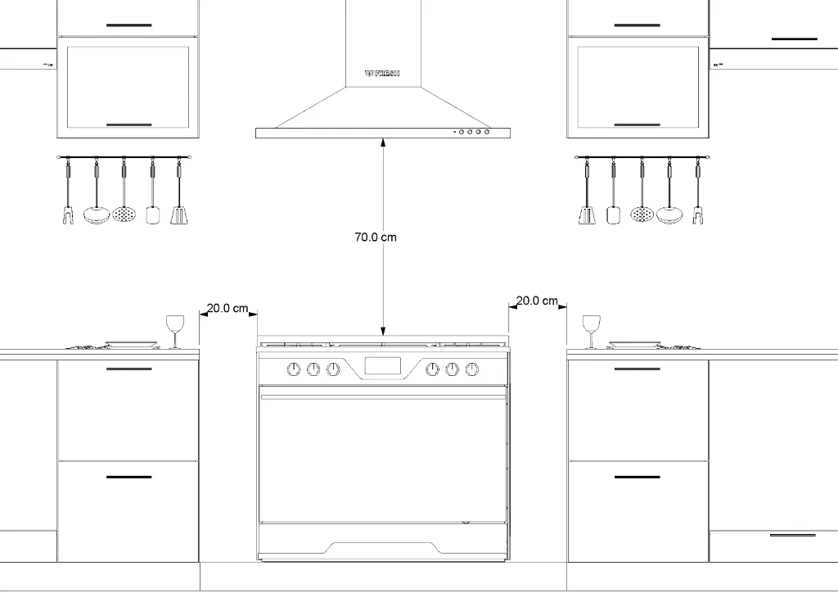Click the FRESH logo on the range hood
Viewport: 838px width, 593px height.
click(382, 74)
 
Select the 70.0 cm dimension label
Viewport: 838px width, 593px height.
click(376, 238)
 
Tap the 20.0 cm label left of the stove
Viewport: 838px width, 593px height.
click(227, 309)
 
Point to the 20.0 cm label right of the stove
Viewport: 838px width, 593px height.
click(537, 301)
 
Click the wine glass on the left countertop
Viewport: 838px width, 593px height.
click(175, 330)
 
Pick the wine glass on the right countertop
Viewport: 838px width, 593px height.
click(591, 330)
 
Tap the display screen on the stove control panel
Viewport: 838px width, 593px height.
click(382, 368)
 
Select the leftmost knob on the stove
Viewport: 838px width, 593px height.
click(294, 369)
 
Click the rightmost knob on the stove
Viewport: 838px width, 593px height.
click(472, 369)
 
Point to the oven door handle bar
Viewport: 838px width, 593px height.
click(383, 397)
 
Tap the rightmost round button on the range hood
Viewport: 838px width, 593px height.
click(487, 131)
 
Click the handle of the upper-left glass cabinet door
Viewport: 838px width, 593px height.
click(129, 125)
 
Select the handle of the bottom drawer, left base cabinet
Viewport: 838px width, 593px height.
click(129, 477)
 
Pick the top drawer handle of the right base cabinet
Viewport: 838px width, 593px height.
click(637, 369)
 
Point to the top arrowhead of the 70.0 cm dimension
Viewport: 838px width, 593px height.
click(383, 143)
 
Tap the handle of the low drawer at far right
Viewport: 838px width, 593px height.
click(793, 535)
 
